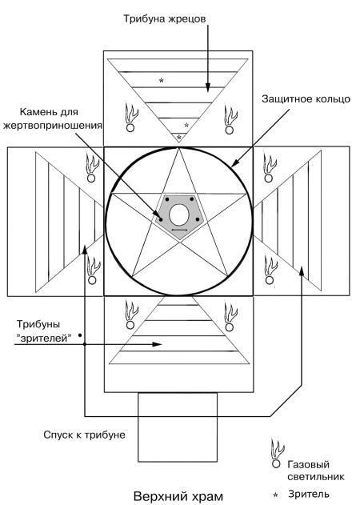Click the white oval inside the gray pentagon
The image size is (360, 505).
point(179,214)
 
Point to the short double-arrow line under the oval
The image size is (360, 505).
point(179,230)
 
